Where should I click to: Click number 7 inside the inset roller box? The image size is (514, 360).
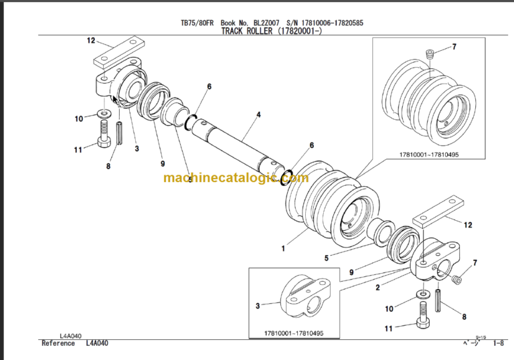(x=454, y=47)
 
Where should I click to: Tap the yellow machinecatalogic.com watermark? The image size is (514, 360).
(x=236, y=178)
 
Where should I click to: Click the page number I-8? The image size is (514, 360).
(x=499, y=343)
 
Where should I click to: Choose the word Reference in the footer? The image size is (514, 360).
(x=58, y=343)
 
